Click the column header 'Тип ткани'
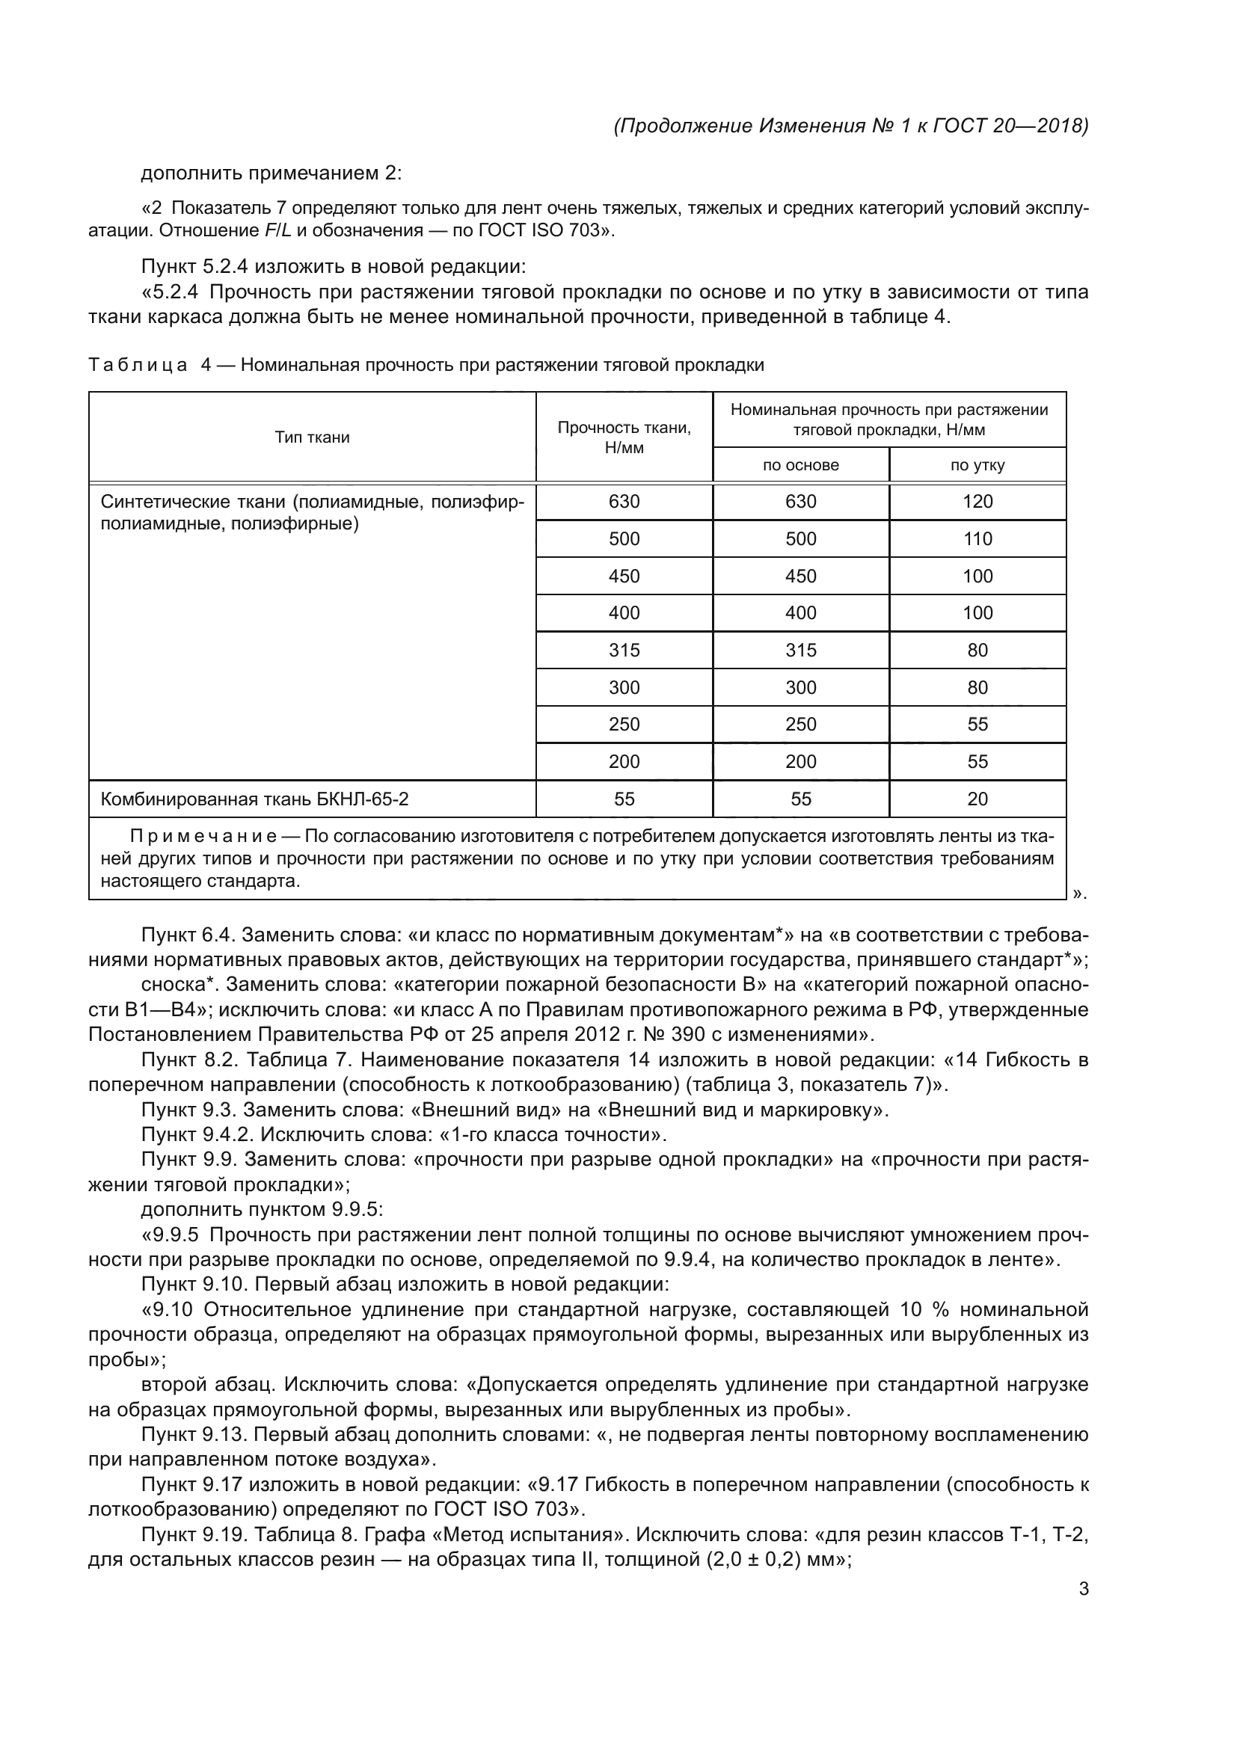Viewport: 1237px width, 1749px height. click(313, 437)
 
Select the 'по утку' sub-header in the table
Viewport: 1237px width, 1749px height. click(977, 465)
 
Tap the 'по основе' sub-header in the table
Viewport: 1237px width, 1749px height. click(800, 465)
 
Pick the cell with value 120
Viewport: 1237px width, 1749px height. click(977, 502)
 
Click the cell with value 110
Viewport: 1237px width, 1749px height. click(977, 539)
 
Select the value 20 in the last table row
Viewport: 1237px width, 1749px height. click(977, 799)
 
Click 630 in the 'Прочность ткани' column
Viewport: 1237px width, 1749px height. click(624, 502)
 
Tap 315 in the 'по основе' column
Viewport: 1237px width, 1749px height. click(800, 651)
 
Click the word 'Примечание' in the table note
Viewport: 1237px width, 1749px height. click(203, 837)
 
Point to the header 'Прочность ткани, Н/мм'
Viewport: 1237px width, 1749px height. click(624, 437)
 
